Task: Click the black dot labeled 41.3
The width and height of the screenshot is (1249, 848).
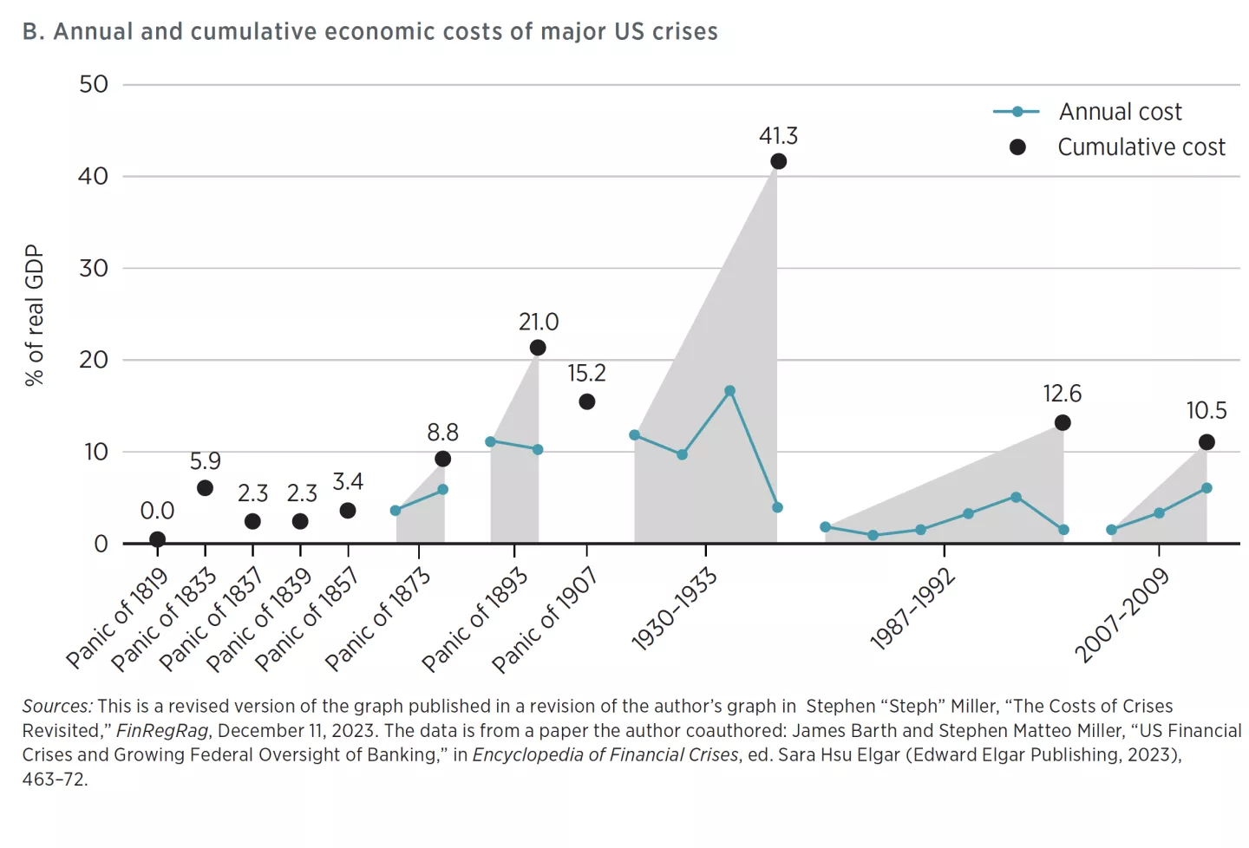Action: click(x=778, y=161)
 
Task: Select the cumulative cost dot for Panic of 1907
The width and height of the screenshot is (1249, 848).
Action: click(x=586, y=401)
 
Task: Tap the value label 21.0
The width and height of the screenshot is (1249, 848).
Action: click(x=539, y=322)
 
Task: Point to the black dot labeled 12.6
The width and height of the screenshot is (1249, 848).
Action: click(x=1063, y=422)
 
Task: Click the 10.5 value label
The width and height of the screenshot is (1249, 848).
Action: click(x=1206, y=410)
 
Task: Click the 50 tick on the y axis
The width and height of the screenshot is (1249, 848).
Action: click(x=94, y=84)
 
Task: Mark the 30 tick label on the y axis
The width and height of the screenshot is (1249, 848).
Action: click(x=94, y=268)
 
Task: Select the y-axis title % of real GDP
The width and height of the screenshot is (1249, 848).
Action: click(x=34, y=315)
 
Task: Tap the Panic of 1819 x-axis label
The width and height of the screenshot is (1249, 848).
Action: click(x=118, y=617)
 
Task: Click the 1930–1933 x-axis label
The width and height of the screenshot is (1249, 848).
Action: click(x=675, y=609)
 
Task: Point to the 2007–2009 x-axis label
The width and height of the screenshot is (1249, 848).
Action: click(x=1121, y=615)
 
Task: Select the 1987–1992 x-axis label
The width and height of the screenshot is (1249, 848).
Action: click(x=912, y=609)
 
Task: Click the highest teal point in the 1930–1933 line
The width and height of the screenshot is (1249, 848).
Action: click(x=729, y=391)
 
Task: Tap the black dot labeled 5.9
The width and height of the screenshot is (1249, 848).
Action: click(x=205, y=488)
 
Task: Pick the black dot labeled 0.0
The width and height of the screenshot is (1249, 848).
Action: click(x=157, y=539)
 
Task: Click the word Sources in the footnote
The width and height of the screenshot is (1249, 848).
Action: click(x=56, y=706)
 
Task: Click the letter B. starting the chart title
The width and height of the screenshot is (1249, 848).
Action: click(x=33, y=31)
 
